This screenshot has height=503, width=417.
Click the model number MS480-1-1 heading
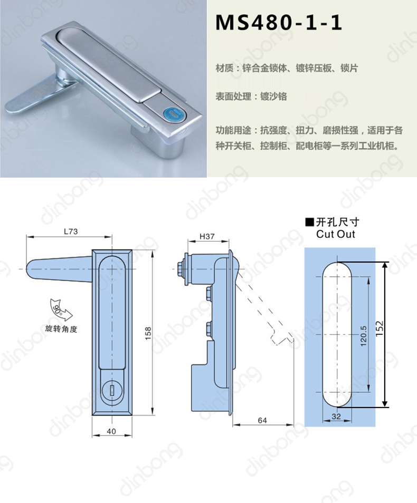click(279, 23)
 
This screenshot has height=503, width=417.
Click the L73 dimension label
click(71, 231)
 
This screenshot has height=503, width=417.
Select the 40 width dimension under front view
click(111, 431)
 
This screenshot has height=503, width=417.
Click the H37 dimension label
click(207, 236)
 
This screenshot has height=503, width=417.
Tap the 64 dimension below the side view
click(262, 420)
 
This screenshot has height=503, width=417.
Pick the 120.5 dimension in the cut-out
click(363, 336)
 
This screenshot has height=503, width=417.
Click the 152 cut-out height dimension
click(380, 328)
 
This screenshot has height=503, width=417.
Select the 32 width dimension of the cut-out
click(336, 417)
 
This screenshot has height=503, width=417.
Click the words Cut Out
click(335, 234)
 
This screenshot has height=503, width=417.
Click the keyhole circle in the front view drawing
click(112, 390)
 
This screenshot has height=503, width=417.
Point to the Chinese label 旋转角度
click(61, 329)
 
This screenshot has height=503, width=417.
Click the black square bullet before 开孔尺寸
click(309, 221)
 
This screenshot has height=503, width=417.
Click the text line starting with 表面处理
click(251, 96)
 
